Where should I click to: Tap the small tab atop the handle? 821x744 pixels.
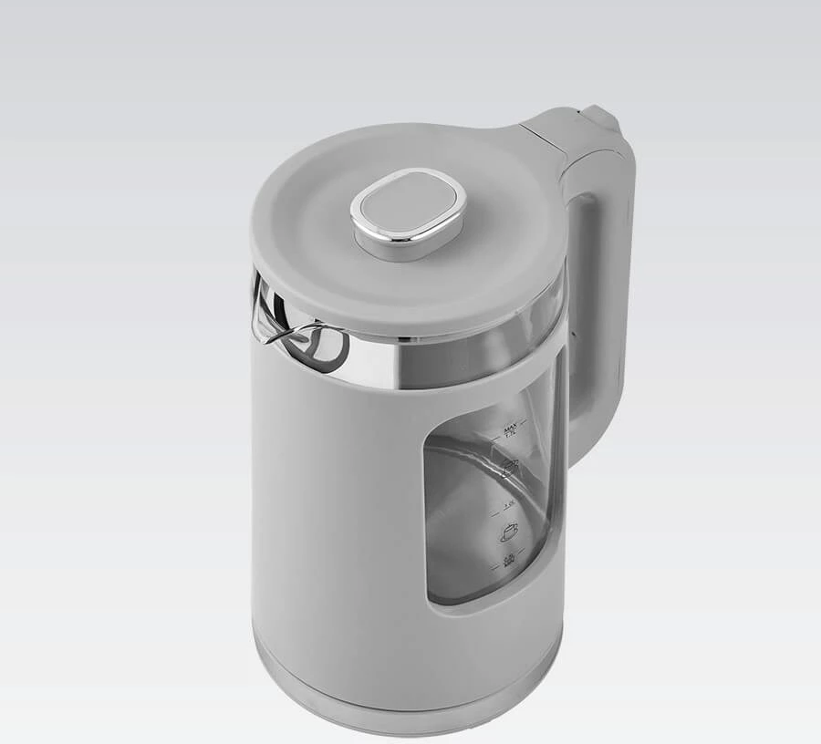coord(601,117)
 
